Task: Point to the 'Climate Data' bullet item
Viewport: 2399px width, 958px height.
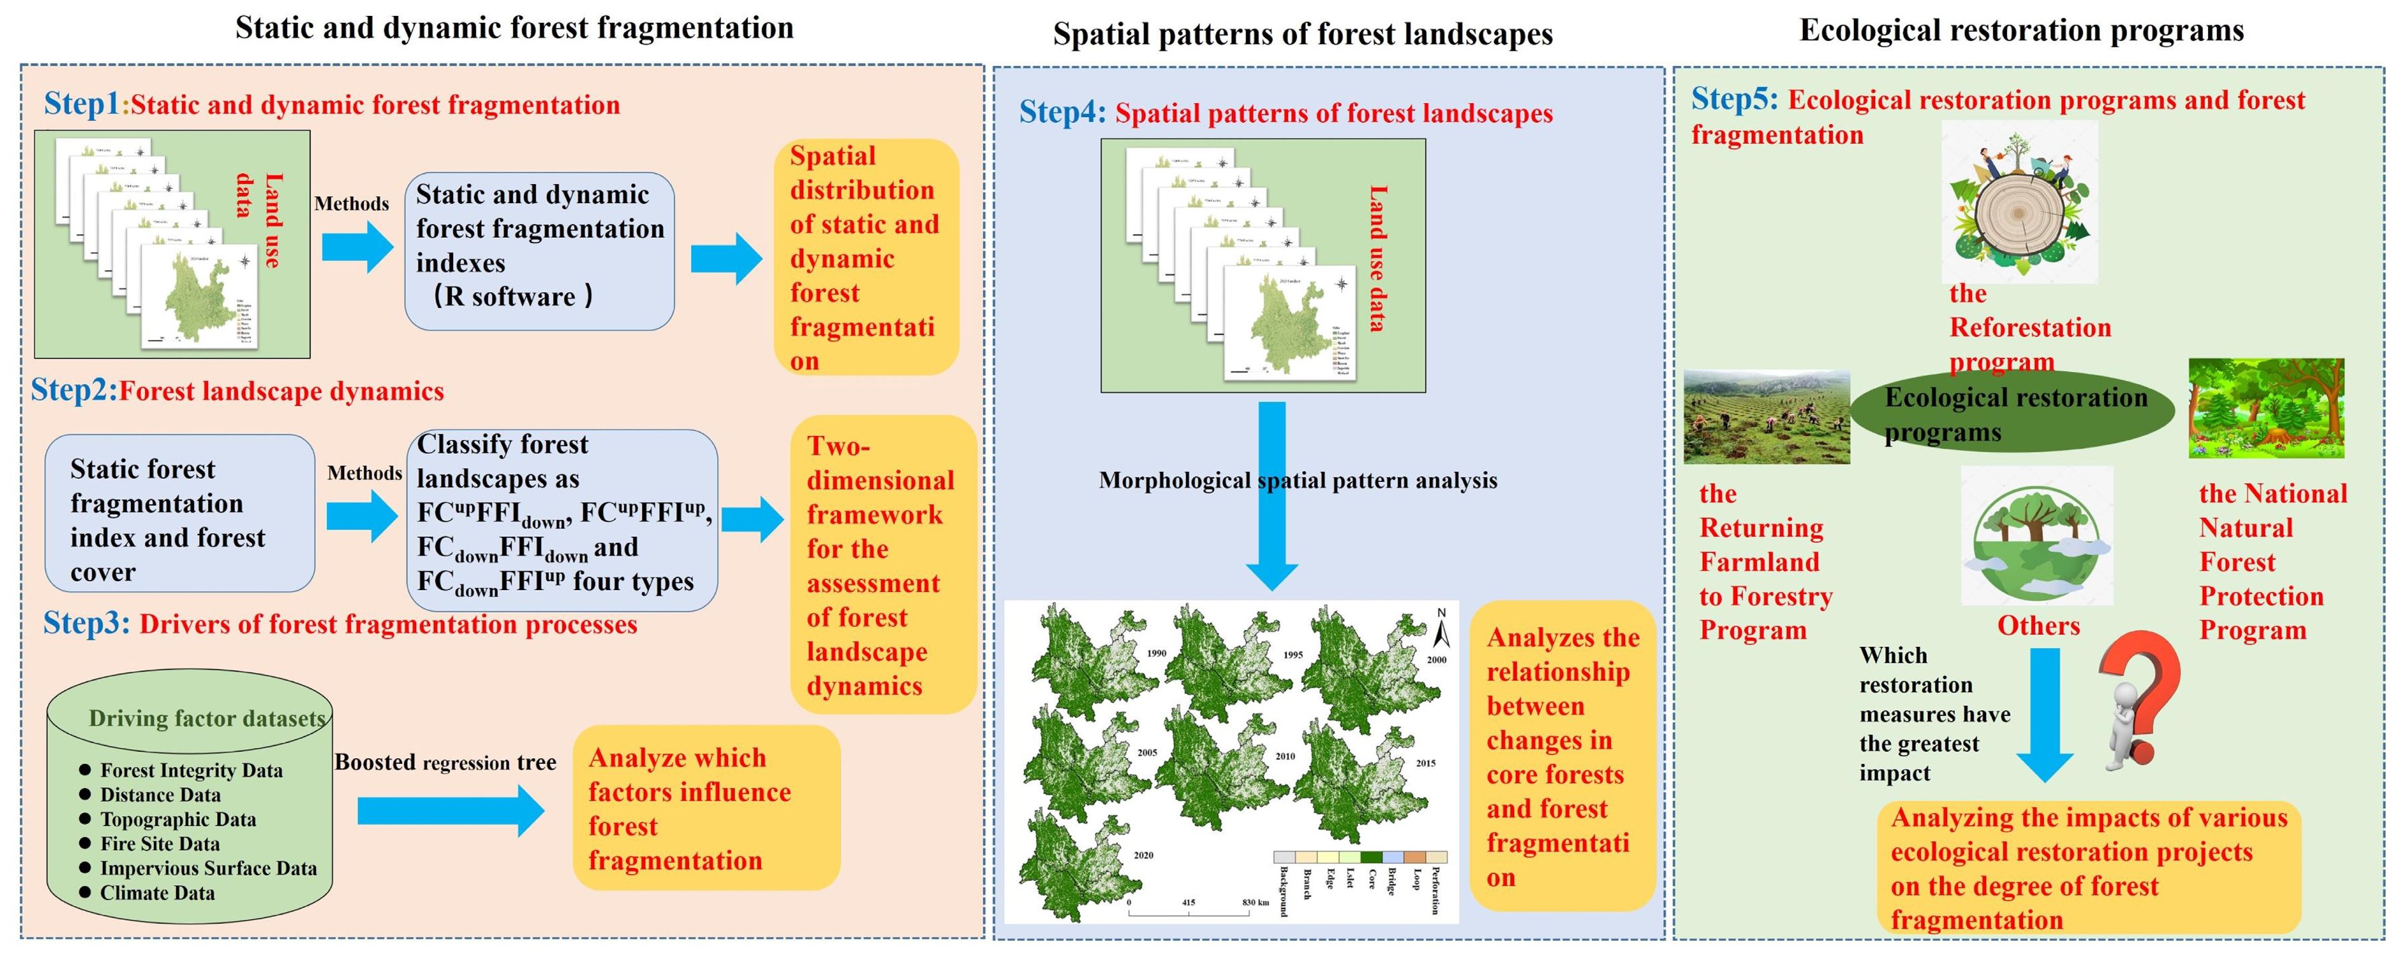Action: pos(157,893)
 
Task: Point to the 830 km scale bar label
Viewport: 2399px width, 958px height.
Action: pos(1255,902)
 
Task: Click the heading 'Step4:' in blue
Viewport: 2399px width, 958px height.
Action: pos(1061,113)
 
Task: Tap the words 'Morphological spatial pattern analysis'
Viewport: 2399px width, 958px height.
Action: pos(1297,481)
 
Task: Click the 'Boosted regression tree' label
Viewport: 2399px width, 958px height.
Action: pos(445,763)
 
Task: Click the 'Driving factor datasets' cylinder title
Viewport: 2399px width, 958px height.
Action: pos(207,719)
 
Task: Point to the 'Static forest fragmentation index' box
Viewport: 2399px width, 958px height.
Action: pos(179,514)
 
